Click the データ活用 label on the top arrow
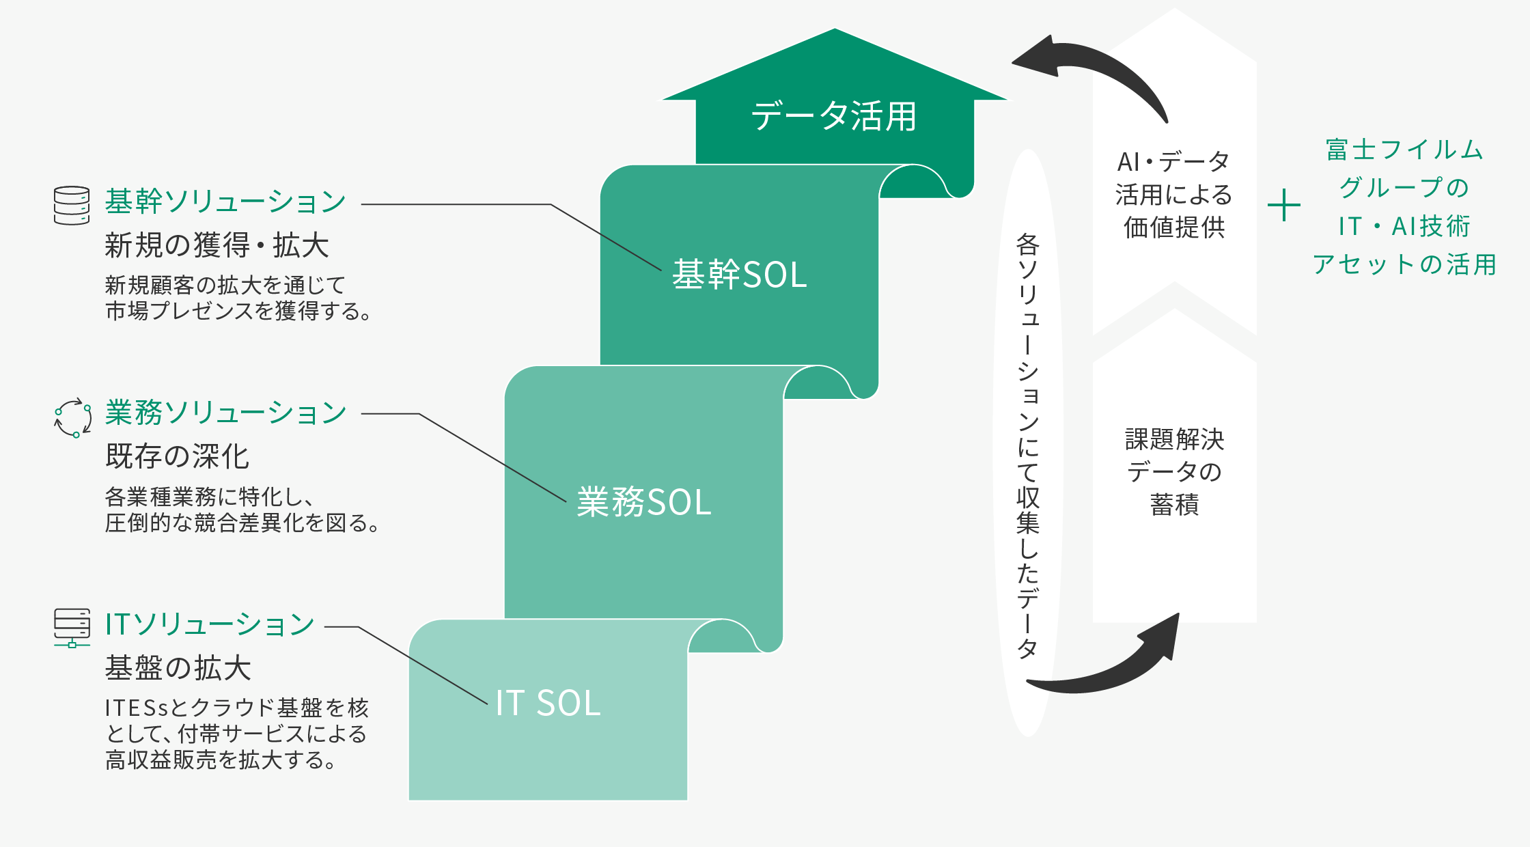pyautogui.click(x=834, y=116)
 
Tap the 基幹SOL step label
pyautogui.click(x=740, y=275)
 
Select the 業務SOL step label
pyautogui.click(x=644, y=502)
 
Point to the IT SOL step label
pyautogui.click(x=548, y=703)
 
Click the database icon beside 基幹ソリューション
pyautogui.click(x=72, y=205)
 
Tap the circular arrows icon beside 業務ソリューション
pyautogui.click(x=72, y=417)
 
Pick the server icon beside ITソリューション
pyautogui.click(x=72, y=628)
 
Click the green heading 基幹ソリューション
pyautogui.click(x=225, y=202)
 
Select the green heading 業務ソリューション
pyautogui.click(x=225, y=413)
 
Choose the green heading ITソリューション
pyautogui.click(x=210, y=624)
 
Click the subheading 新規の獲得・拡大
pyautogui.click(x=217, y=245)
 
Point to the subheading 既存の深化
pyautogui.click(x=178, y=456)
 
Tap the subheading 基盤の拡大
pyautogui.click(x=178, y=668)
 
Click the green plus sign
pyautogui.click(x=1283, y=205)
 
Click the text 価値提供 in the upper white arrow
pyautogui.click(x=1174, y=227)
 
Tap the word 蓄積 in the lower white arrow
pyautogui.click(x=1174, y=505)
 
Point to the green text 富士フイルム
pyautogui.click(x=1404, y=150)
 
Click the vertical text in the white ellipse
pyautogui.click(x=1028, y=444)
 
